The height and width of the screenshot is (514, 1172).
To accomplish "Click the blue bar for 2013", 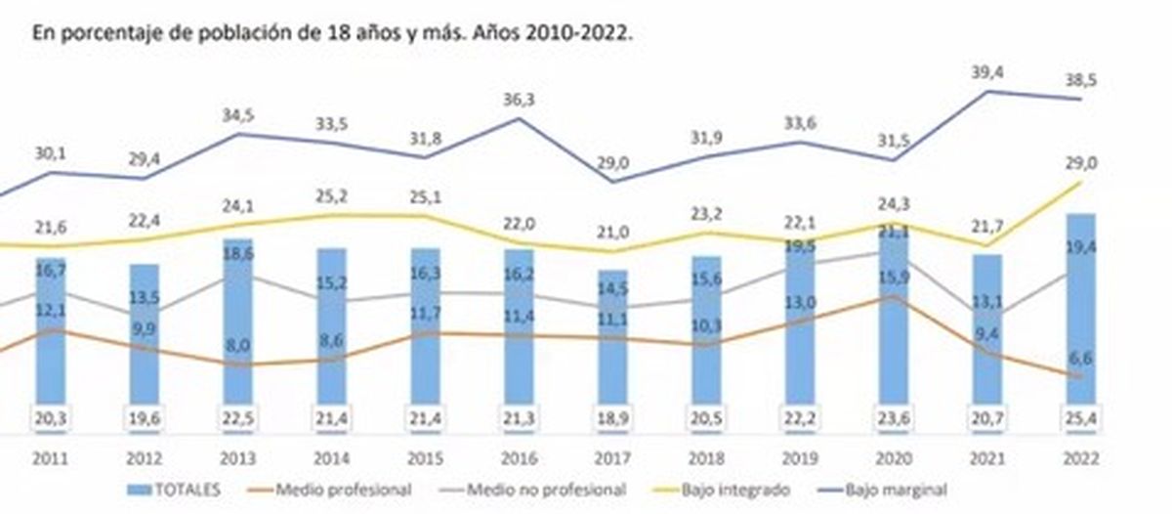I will click(237, 322).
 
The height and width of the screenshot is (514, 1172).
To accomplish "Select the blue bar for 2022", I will click(1080, 313).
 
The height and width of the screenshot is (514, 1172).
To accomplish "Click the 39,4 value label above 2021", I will click(987, 71).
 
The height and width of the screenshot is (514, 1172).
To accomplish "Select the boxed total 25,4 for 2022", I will click(1081, 419).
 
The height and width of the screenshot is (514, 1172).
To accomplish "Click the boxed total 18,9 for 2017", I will click(613, 419).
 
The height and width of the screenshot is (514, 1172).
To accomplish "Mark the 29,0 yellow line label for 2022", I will click(1081, 163).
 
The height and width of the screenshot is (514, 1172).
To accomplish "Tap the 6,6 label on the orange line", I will click(1081, 358).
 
